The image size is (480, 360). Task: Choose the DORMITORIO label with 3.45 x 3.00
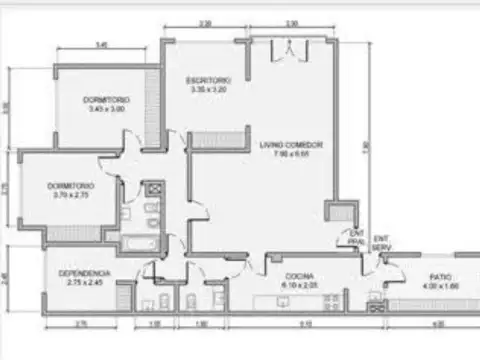(x=107, y=101)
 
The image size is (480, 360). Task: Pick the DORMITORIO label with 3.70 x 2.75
(x=70, y=186)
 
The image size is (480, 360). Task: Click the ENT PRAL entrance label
(x=357, y=240)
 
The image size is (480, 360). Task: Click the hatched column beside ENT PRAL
(x=338, y=213)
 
